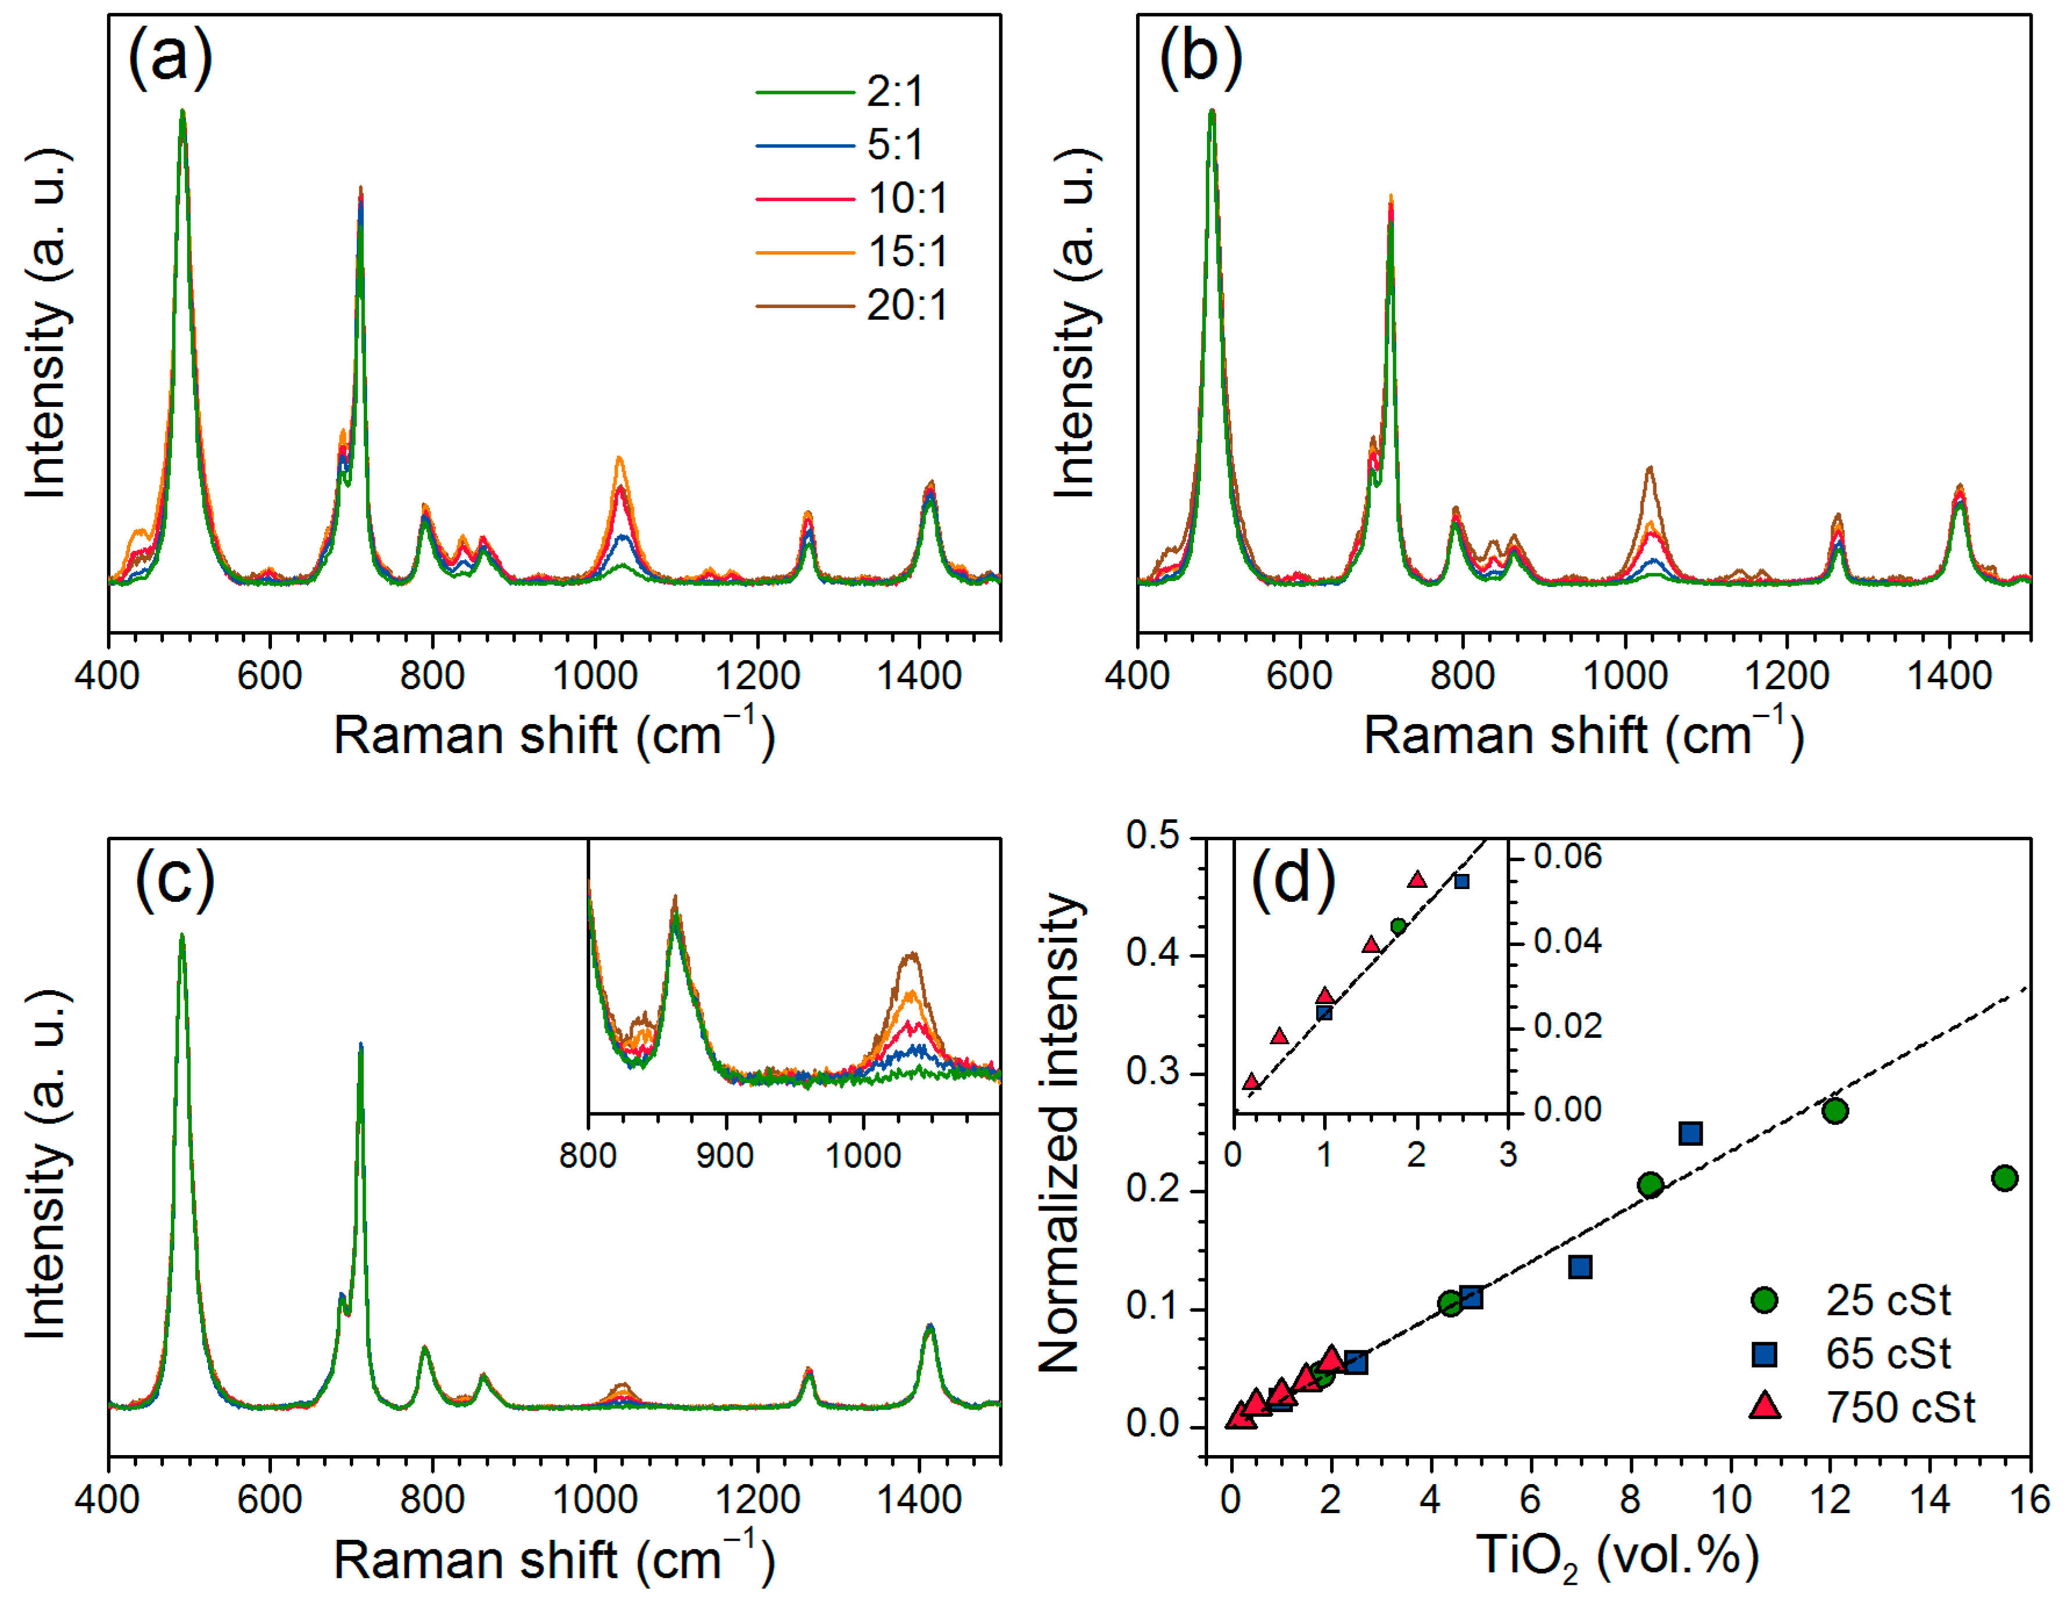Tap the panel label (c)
(174, 879)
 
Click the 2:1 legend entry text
(894, 92)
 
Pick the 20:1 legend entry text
(907, 306)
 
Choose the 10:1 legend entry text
(907, 199)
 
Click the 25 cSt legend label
(1888, 1301)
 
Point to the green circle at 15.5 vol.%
(2004, 1178)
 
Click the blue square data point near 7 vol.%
(1579, 1267)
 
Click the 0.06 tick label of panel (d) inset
(1567, 857)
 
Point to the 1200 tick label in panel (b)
(1787, 676)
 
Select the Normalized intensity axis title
(1060, 1131)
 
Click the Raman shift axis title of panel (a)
(554, 735)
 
